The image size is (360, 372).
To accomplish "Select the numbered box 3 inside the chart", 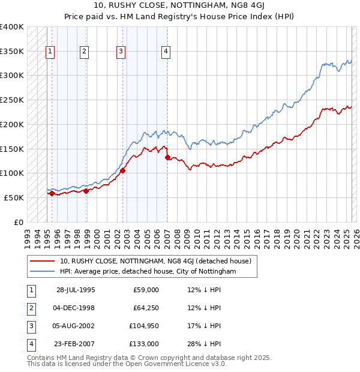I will [x=121, y=52].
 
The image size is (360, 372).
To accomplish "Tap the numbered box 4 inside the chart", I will [x=164, y=52].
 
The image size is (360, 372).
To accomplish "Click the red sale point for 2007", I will [x=167, y=158].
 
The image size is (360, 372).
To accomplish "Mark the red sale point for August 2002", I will [x=122, y=170].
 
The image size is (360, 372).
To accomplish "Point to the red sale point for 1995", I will [x=52, y=193].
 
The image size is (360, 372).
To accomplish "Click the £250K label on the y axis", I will [x=12, y=100].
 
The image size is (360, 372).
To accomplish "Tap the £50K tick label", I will [x=14, y=197].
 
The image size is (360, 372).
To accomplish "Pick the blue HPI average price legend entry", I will [x=148, y=272].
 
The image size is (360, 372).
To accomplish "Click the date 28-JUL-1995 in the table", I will [x=76, y=290].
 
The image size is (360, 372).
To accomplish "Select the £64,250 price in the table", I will [x=146, y=308].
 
